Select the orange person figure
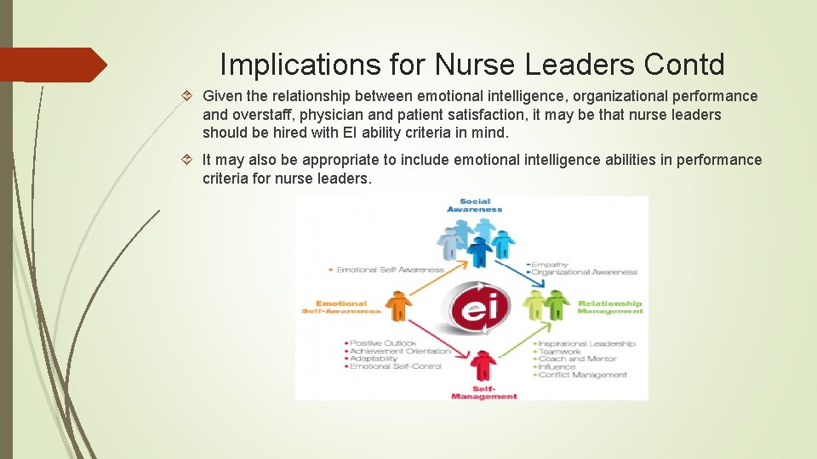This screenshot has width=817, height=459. pos(397,306)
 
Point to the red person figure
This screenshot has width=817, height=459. pos(483,366)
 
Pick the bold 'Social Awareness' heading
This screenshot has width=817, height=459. pos(474,205)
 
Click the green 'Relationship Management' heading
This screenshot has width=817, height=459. pos(609,307)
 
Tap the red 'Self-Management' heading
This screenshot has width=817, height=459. pos(483,393)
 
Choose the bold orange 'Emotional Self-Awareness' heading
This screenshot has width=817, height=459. pos(340,307)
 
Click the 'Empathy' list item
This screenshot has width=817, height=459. pos(551,264)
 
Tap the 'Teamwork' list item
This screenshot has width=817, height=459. pos(560,351)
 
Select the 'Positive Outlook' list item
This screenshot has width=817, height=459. pos(383,343)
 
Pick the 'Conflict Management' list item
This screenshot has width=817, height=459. pos(583,374)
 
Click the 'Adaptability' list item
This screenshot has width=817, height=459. pos(374,359)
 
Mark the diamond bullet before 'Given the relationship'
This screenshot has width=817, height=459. pos(191,96)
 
